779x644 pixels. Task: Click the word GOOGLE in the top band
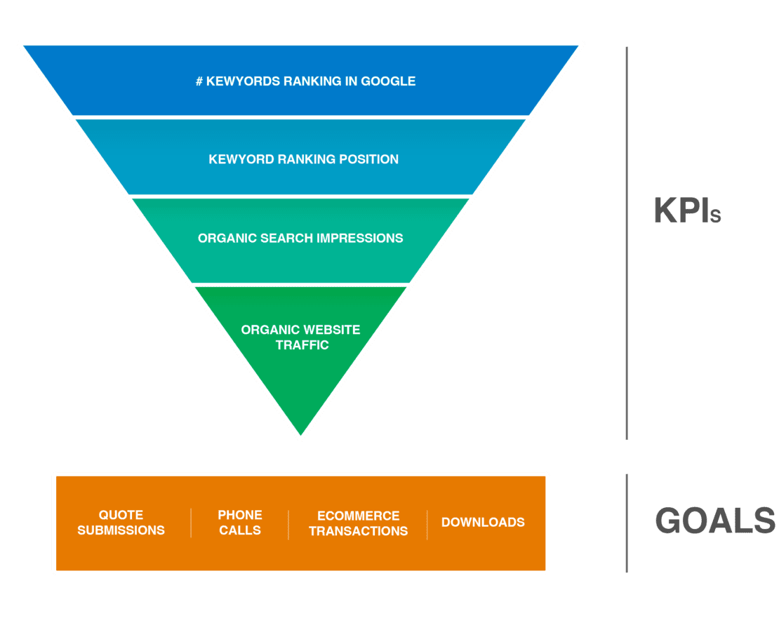pos(388,81)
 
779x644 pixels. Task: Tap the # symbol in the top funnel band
pos(199,81)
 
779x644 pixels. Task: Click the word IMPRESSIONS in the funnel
pos(359,239)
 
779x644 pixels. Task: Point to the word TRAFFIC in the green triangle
pos(302,345)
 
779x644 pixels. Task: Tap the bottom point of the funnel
pos(300,438)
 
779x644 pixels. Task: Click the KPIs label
pos(687,210)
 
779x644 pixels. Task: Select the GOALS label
pos(715,521)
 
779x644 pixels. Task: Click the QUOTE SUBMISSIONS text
pos(121,523)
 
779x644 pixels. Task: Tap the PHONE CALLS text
pos(240,523)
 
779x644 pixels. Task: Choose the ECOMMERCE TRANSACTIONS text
pos(358,523)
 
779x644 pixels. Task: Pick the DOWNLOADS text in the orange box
pos(483,523)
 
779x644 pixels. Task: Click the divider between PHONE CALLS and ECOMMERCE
pos(288,524)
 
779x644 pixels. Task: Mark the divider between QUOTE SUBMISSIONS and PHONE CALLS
pos(191,523)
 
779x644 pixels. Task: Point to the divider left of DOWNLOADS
pos(427,524)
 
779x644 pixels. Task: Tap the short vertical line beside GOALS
pos(627,523)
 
